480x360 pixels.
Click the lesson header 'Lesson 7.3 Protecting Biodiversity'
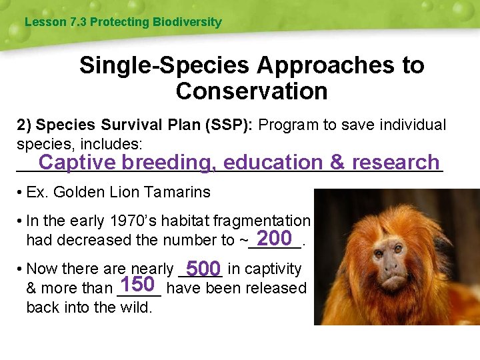[x=123, y=22]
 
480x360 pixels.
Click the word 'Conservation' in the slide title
[x=251, y=91]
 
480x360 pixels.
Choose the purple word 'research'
[x=395, y=162]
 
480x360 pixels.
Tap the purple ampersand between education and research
[x=337, y=162]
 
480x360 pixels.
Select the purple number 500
[x=203, y=269]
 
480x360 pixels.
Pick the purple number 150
[x=138, y=285]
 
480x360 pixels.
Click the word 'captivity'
[x=274, y=269]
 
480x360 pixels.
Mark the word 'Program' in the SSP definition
[x=285, y=125]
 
